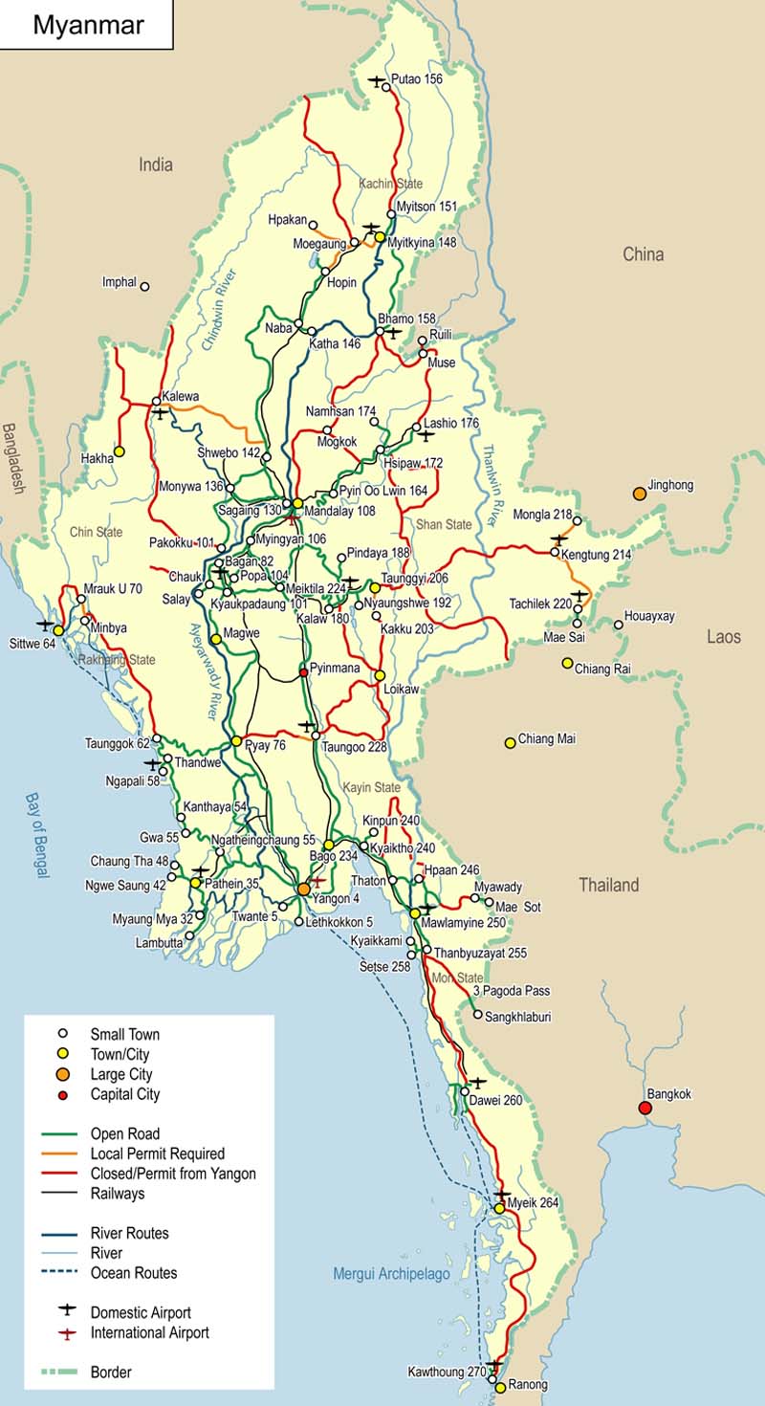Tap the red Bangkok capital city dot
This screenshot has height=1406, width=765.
click(x=645, y=1109)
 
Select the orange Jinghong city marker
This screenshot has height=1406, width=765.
click(x=639, y=494)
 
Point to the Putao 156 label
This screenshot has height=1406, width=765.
click(x=417, y=79)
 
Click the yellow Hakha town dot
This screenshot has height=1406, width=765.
click(x=120, y=450)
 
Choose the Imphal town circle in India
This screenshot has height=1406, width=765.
click(x=144, y=286)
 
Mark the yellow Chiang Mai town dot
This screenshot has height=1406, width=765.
click(x=511, y=742)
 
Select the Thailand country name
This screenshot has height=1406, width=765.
click(x=608, y=886)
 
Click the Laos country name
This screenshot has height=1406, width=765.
click(x=724, y=637)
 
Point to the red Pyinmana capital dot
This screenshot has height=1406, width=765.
click(x=304, y=672)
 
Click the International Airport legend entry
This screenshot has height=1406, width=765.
click(x=149, y=1332)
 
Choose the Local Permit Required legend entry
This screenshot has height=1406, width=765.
click(x=158, y=1154)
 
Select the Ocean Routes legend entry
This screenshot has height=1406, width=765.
click(x=134, y=1273)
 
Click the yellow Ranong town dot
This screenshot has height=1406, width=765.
click(x=500, y=1387)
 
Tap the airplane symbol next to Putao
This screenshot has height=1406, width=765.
click(x=376, y=80)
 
